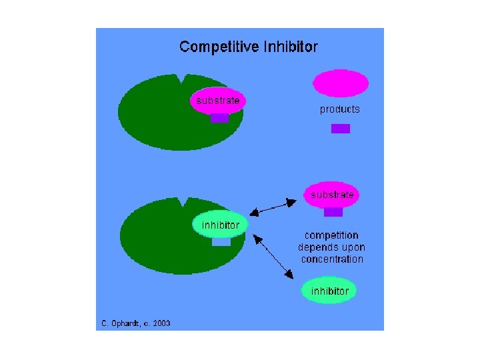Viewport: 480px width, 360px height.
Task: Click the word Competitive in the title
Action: tap(214, 47)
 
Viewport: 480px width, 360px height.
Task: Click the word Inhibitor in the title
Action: tap(285, 47)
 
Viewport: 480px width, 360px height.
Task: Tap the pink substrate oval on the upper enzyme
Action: tap(218, 101)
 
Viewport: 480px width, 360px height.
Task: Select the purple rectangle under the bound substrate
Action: tap(220, 118)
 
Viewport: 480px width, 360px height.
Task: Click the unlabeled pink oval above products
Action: tap(341, 84)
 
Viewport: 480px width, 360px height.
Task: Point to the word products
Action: tap(339, 109)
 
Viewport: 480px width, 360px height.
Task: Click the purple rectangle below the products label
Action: tap(340, 129)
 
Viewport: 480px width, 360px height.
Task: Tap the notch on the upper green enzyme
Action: tap(178, 79)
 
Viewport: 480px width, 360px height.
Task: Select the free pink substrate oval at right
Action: tap(332, 195)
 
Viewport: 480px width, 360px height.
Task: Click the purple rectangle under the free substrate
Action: tap(333, 212)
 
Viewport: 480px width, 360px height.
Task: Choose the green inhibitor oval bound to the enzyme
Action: tap(221, 225)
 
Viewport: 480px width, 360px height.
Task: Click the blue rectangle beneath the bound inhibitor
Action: tap(221, 242)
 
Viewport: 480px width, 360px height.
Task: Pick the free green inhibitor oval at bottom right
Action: tap(329, 291)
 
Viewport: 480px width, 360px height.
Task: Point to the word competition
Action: tap(331, 235)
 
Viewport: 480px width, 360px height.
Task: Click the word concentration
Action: tap(332, 259)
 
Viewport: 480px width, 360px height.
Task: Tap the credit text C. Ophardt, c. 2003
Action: tap(135, 323)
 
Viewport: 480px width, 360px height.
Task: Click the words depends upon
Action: tap(331, 247)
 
